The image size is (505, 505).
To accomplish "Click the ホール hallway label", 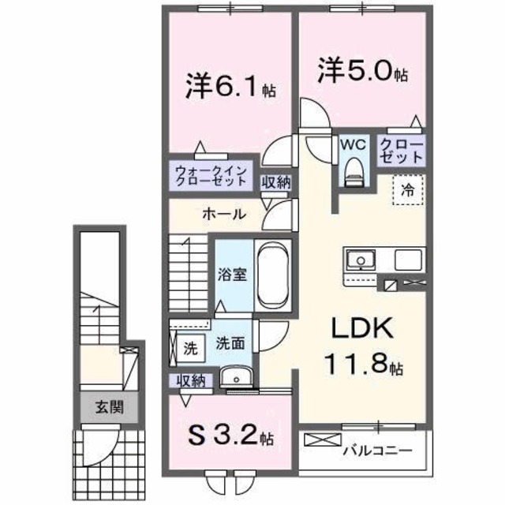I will click(x=223, y=214).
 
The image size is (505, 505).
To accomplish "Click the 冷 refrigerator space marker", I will click(x=408, y=189).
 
